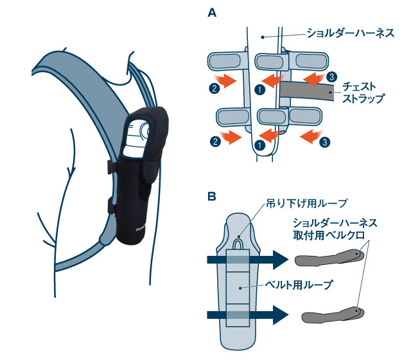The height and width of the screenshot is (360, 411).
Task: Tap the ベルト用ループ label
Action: pos(296,282)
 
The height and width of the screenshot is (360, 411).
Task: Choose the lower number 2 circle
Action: pos(213,139)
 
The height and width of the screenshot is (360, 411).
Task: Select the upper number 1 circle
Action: pos(258,90)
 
